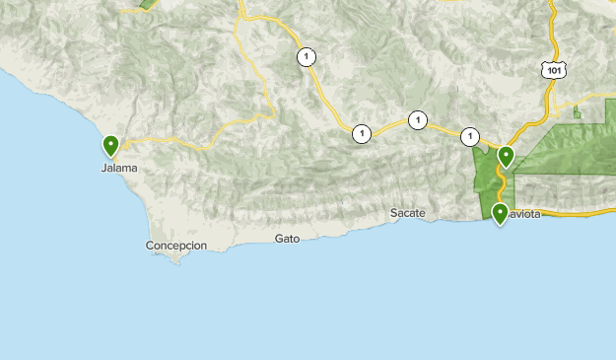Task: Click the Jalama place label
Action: pyautogui.click(x=119, y=168)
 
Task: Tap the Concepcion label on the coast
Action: pyautogui.click(x=176, y=246)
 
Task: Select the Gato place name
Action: pyautogui.click(x=287, y=239)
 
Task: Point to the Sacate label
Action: pyautogui.click(x=407, y=213)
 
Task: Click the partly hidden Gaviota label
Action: pyautogui.click(x=526, y=215)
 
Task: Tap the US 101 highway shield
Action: pyautogui.click(x=552, y=68)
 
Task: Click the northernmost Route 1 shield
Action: pyautogui.click(x=307, y=57)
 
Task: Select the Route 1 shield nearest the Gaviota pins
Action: pyautogui.click(x=470, y=137)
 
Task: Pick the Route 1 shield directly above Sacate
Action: pyautogui.click(x=418, y=120)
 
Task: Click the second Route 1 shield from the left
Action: pyautogui.click(x=362, y=133)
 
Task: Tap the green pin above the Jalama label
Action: pyautogui.click(x=111, y=146)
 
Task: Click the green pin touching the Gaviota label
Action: pyautogui.click(x=500, y=213)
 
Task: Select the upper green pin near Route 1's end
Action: pyautogui.click(x=506, y=156)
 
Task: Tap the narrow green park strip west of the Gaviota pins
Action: pyautogui.click(x=483, y=173)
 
